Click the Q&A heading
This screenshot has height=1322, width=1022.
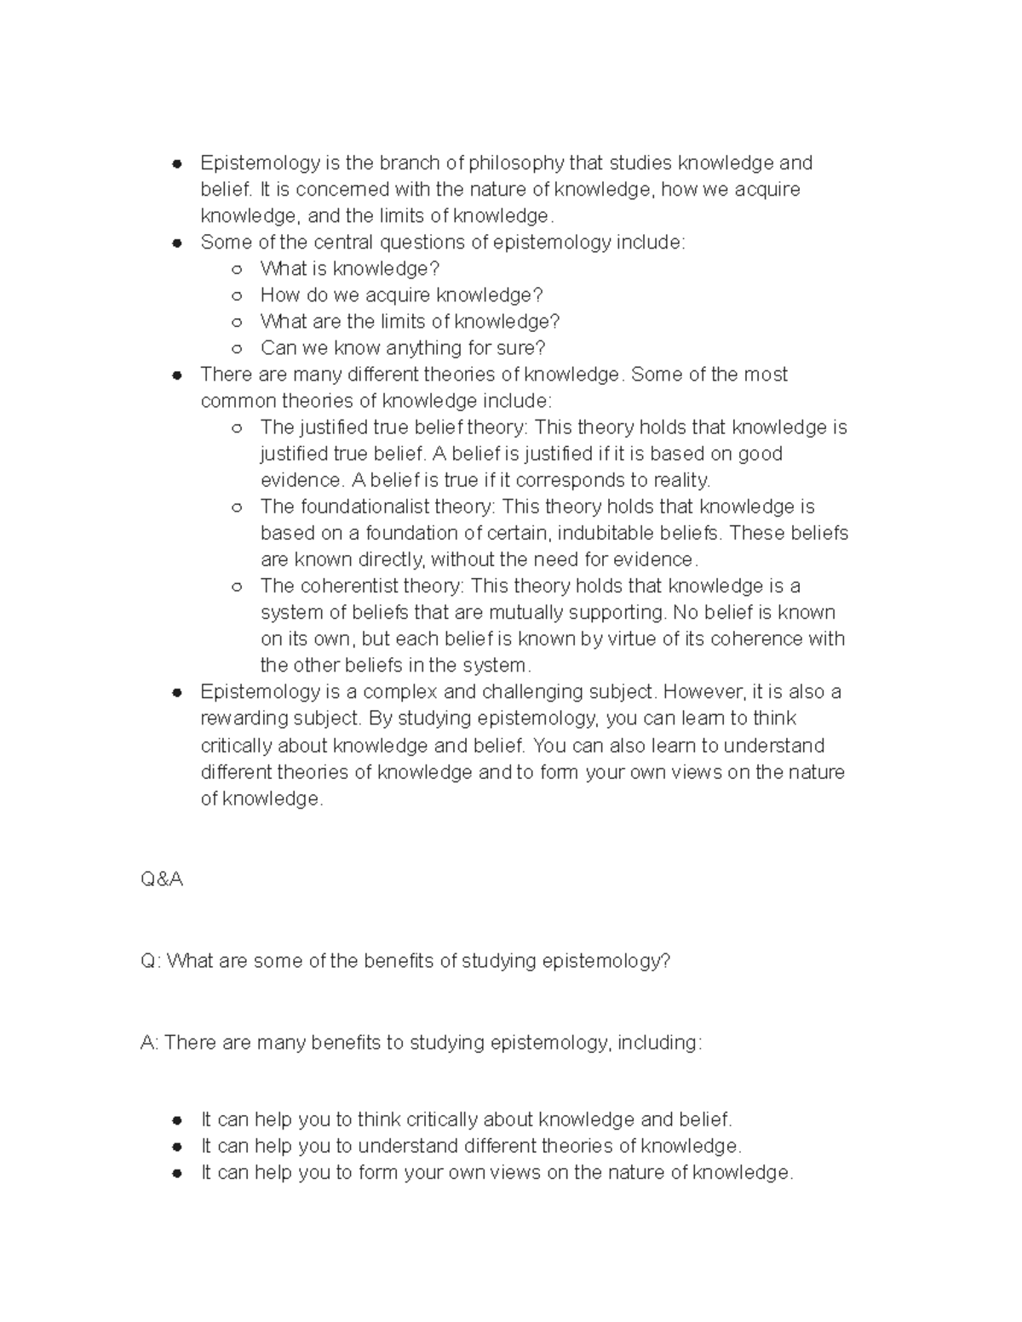click(x=162, y=879)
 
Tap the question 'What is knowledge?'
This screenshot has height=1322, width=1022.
click(x=349, y=269)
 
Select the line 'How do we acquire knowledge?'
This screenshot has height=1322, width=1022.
click(x=401, y=295)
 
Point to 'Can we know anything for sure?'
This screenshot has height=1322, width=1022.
click(x=402, y=348)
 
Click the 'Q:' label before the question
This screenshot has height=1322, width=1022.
click(x=150, y=961)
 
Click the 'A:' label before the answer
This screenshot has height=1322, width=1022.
click(x=149, y=1043)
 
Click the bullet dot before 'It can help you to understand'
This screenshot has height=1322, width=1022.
click(x=177, y=1146)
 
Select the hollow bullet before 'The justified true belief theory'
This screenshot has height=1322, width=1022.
click(x=237, y=427)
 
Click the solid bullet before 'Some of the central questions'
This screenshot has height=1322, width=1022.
click(x=177, y=243)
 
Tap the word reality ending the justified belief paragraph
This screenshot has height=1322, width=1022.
click(x=680, y=480)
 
